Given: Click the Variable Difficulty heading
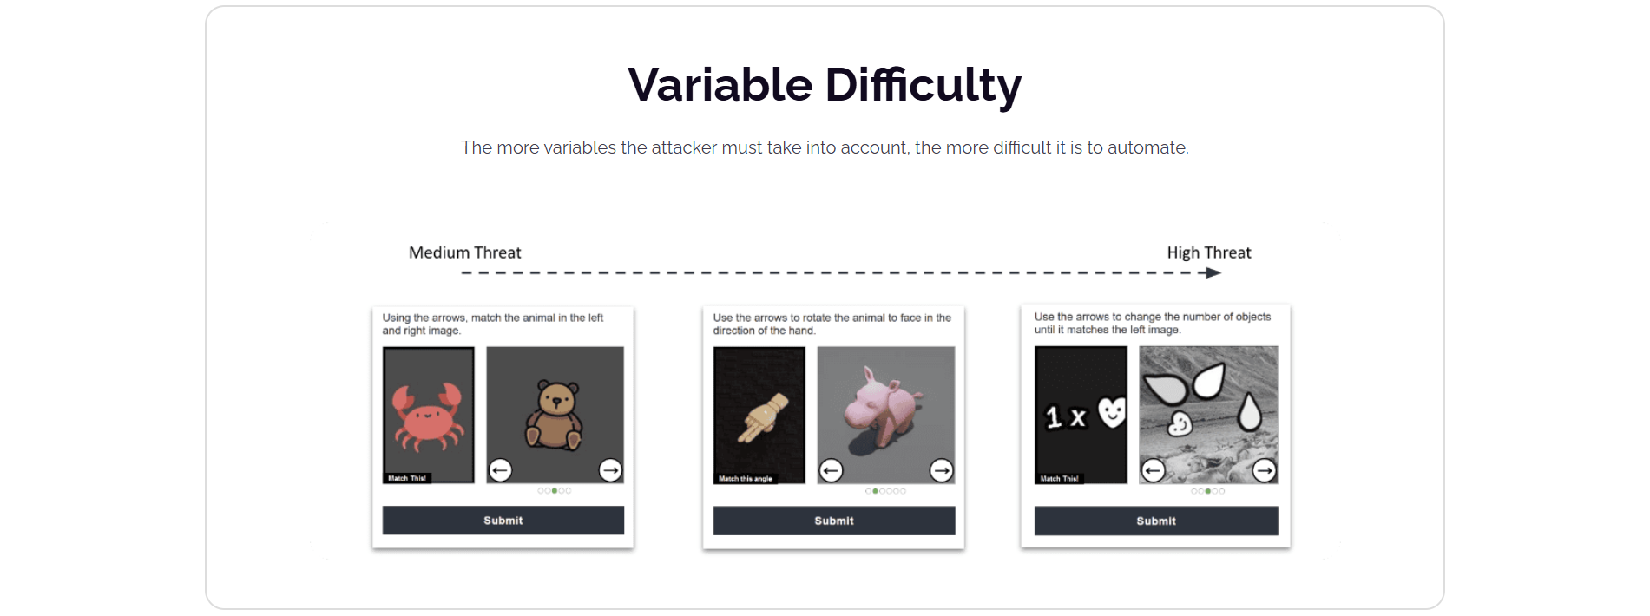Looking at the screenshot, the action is [x=825, y=85].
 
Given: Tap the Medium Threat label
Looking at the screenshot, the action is [x=465, y=252].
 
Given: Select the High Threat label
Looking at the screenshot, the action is [x=1209, y=252].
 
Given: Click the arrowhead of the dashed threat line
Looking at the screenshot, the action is [x=1213, y=272].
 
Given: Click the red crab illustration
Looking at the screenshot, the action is [x=426, y=416].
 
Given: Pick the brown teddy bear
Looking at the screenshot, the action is [x=555, y=415].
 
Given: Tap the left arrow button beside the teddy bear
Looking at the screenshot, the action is [x=500, y=470].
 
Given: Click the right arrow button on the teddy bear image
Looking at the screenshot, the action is [x=611, y=470].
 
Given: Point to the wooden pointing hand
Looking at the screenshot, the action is [x=762, y=418].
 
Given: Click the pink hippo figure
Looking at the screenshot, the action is [x=883, y=405].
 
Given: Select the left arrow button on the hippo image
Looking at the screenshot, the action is [x=832, y=470].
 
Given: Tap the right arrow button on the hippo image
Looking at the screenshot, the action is [x=942, y=470].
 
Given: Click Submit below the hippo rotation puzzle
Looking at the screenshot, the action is [x=834, y=521].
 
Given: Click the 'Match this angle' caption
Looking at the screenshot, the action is [x=746, y=478].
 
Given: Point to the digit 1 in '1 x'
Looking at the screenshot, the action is [x=1054, y=417].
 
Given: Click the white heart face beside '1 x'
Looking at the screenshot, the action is [x=1112, y=412].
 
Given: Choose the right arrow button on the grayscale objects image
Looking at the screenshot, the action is [x=1265, y=470].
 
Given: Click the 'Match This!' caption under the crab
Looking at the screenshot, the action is [x=407, y=478].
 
